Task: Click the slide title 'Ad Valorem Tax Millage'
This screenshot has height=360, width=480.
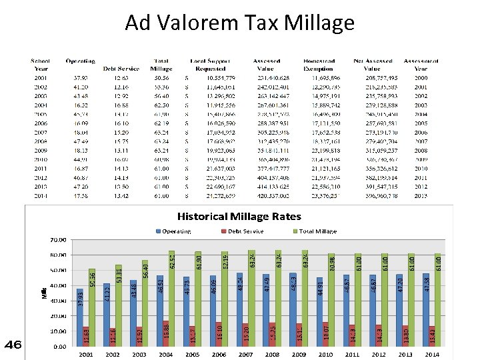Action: pos(239,23)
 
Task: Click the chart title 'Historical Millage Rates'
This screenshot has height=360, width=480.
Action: pos(238,216)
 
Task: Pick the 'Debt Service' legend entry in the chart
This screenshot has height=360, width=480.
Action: pos(245,231)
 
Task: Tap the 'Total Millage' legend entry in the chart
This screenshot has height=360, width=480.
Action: pos(315,231)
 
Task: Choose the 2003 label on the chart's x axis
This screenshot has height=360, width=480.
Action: pos(139,355)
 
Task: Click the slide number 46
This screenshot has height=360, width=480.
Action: pos(13,344)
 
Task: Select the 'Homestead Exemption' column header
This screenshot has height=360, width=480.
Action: pos(319,65)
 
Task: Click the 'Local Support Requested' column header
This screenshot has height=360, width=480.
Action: pos(209,65)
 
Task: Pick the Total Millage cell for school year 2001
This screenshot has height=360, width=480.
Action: pos(161,78)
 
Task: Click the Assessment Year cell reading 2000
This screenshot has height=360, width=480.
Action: pos(420,78)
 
